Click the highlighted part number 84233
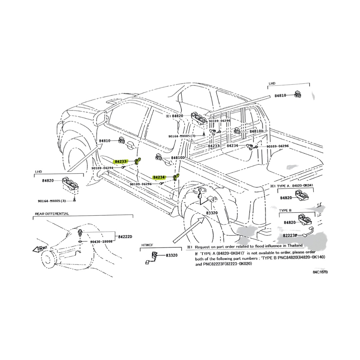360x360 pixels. tap(121, 162)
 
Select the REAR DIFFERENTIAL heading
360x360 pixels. tap(52, 214)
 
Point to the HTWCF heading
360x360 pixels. tap(147, 245)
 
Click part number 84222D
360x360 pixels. tap(125, 237)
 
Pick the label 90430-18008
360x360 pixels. tap(101, 242)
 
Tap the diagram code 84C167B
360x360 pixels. tap(320, 272)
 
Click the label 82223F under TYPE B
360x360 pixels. tap(290, 235)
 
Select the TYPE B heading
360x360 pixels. tap(285, 211)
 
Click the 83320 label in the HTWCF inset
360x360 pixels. tap(172, 255)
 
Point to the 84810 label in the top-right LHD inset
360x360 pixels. tap(280, 95)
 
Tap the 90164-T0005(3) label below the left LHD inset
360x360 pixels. tap(52, 201)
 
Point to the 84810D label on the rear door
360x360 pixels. tap(178, 158)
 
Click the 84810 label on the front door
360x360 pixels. tap(105, 141)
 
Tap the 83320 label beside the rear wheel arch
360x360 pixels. tap(212, 213)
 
